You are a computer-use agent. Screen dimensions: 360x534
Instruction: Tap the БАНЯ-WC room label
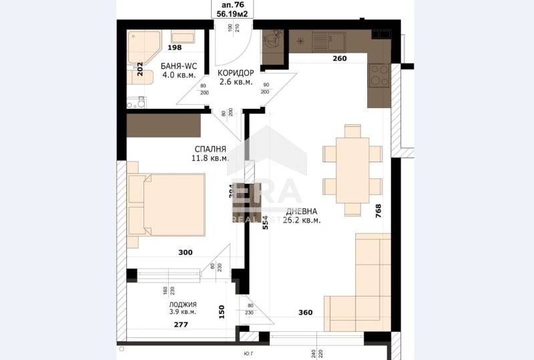click(x=179, y=66)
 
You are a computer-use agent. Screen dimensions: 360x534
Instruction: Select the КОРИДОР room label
click(x=235, y=72)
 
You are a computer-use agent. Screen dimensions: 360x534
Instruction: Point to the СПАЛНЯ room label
click(x=210, y=149)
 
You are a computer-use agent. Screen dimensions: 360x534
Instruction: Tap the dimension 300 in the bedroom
click(x=186, y=252)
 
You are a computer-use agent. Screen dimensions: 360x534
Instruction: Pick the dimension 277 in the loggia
click(x=180, y=325)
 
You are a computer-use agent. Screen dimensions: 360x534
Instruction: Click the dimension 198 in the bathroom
click(x=175, y=48)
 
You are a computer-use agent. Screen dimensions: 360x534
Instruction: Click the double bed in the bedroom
click(x=170, y=206)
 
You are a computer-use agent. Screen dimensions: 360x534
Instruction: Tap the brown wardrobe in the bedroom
click(x=164, y=125)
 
